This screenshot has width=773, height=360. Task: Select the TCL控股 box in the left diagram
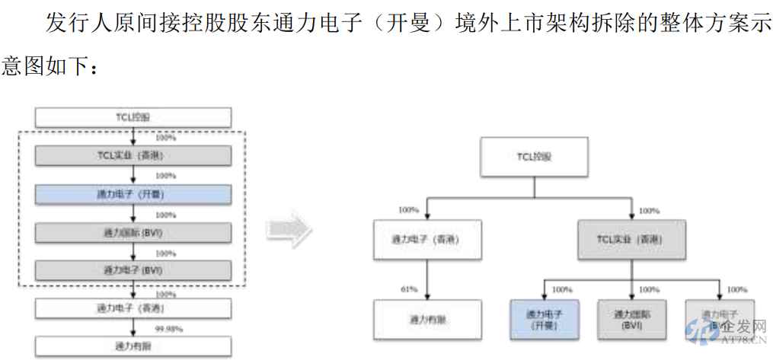(x=133, y=117)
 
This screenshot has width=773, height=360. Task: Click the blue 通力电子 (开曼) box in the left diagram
(x=133, y=194)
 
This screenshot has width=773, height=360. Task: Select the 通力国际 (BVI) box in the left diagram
(x=133, y=232)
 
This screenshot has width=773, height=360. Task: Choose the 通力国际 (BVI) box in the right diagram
(x=632, y=320)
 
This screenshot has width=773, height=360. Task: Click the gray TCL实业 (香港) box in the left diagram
(x=133, y=155)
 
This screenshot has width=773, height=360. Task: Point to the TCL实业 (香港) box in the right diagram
(x=631, y=241)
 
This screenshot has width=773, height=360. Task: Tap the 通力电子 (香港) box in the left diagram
(x=133, y=309)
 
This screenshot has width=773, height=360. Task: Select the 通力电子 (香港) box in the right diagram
(x=426, y=241)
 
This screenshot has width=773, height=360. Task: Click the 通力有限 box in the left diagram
(x=133, y=347)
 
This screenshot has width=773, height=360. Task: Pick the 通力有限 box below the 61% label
(x=426, y=320)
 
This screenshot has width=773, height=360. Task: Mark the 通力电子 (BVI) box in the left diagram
(x=133, y=269)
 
